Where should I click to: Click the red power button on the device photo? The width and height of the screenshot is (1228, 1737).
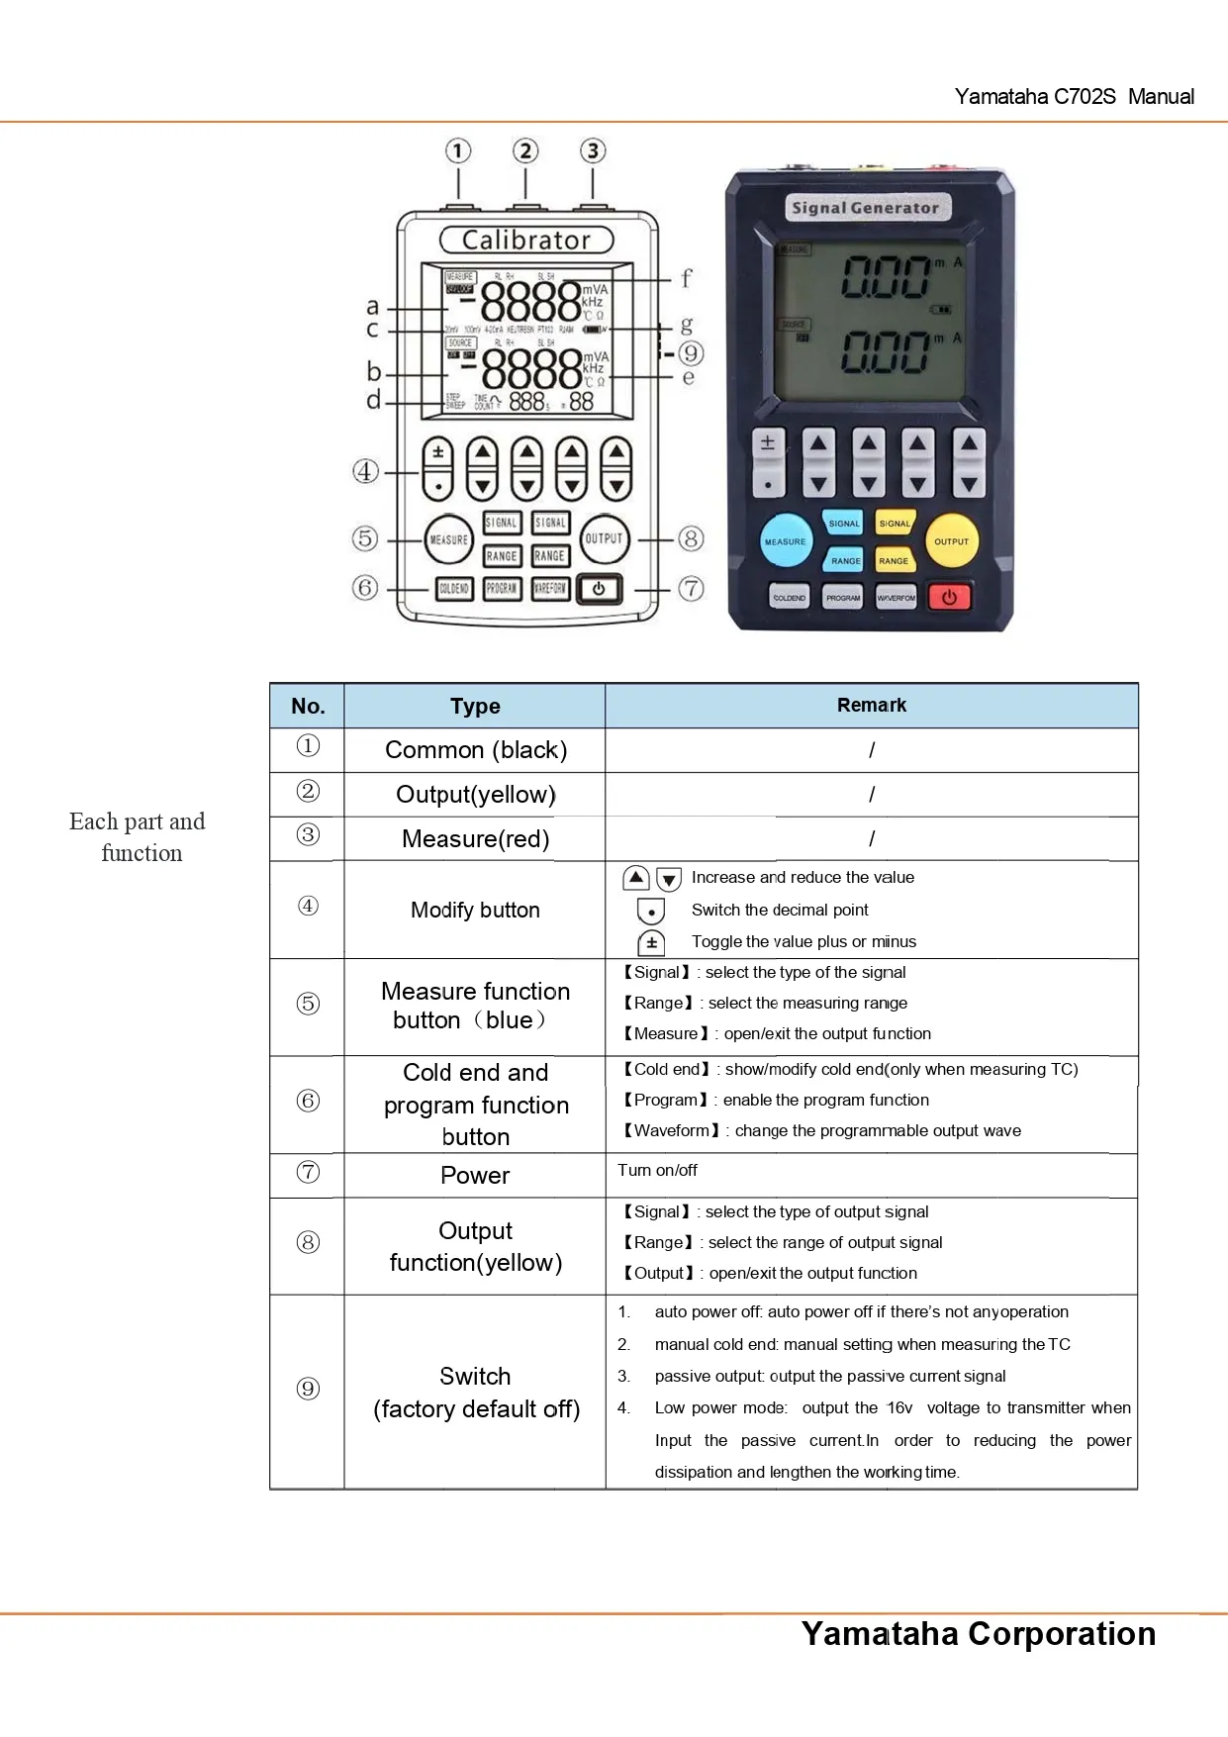(x=949, y=597)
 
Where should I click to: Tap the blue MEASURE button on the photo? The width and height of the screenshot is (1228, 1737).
(x=786, y=540)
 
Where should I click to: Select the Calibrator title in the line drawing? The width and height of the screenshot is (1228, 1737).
(x=526, y=241)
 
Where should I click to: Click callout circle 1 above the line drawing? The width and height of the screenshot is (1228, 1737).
(x=458, y=151)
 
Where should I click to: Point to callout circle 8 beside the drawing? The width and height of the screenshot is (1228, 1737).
(x=691, y=539)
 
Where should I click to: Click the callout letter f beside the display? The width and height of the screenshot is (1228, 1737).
(x=686, y=278)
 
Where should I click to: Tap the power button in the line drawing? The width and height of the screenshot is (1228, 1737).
(x=600, y=589)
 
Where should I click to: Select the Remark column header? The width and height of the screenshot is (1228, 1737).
(x=871, y=705)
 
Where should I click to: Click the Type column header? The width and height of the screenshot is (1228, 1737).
(x=475, y=706)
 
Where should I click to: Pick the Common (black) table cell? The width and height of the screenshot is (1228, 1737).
(x=476, y=750)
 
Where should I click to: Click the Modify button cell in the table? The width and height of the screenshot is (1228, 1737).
(x=475, y=910)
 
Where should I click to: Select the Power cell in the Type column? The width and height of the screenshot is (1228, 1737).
(x=475, y=1175)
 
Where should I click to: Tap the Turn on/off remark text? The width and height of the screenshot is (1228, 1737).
(x=657, y=1170)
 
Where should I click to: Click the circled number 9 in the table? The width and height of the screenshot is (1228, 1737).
(x=308, y=1389)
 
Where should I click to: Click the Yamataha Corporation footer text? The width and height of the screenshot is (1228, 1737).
(x=978, y=1633)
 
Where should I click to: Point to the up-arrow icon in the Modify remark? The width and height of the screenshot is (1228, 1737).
(x=636, y=878)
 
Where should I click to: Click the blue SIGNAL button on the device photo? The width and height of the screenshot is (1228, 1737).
(x=844, y=523)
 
